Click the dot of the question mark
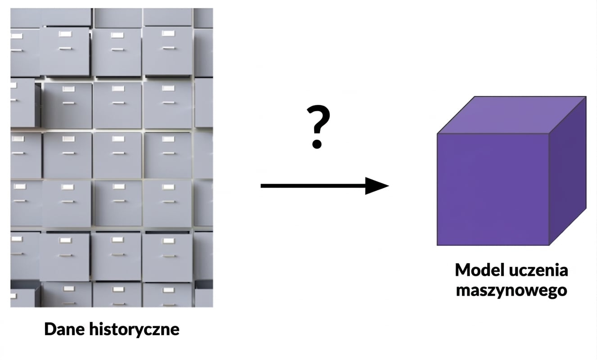317,144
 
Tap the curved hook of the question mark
318,119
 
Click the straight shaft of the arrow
313,186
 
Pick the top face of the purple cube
511,115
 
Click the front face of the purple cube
493,189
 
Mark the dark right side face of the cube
568,171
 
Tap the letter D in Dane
50,329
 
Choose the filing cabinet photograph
112,157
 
